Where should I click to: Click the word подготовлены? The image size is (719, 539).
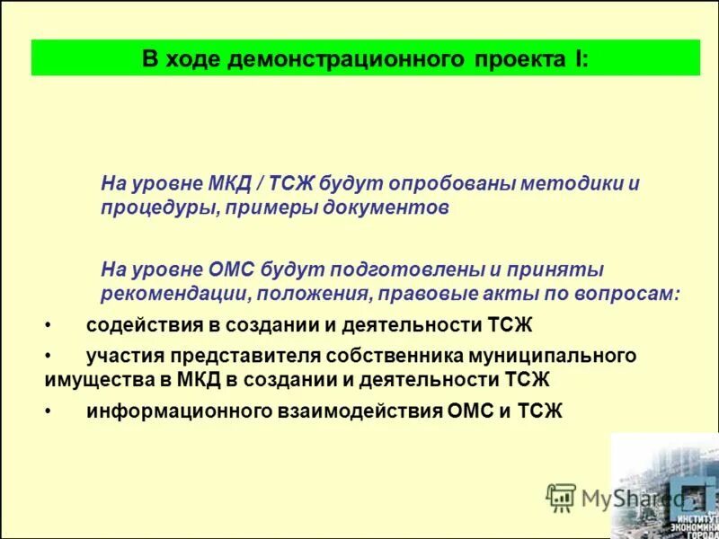coord(408,269)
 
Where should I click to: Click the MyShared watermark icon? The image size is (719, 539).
coord(561,497)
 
